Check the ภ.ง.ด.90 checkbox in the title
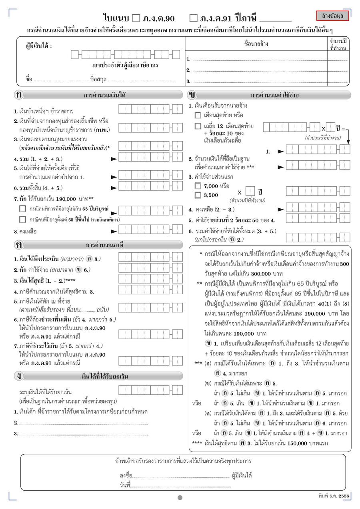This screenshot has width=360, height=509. (x=136, y=18)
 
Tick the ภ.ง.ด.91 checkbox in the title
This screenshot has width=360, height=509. (x=194, y=18)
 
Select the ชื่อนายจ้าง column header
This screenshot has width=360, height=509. (x=256, y=44)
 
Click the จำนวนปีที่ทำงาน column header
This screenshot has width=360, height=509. (x=338, y=44)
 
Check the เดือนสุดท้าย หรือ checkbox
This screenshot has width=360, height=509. (x=198, y=115)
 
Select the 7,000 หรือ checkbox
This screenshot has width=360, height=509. (x=198, y=186)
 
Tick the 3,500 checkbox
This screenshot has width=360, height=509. (x=198, y=195)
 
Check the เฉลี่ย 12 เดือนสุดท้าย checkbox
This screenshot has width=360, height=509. (x=198, y=126)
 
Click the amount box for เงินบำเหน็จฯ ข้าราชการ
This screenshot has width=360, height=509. (x=150, y=108)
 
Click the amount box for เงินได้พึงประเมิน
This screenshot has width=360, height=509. (x=150, y=257)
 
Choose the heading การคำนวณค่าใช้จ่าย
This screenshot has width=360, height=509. (x=275, y=95)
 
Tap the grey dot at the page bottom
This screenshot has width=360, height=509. (x=180, y=498)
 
